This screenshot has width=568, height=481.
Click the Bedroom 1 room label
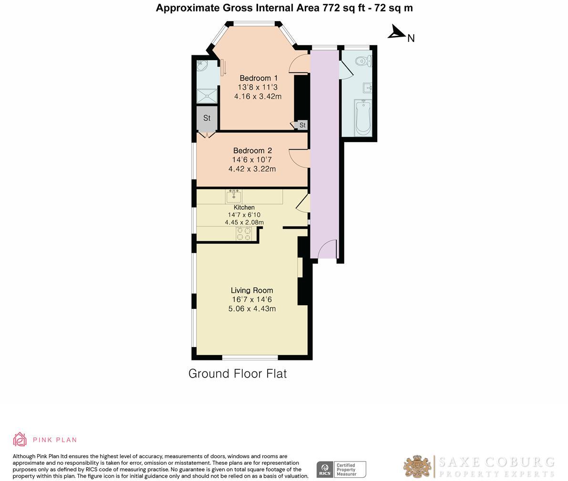coord(258,78)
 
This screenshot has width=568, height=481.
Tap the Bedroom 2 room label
coord(252,151)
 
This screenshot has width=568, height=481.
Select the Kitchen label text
coord(244,207)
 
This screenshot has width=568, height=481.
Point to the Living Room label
coord(252,290)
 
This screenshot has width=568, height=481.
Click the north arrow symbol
coord(397,32)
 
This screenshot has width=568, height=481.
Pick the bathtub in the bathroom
coord(362,117)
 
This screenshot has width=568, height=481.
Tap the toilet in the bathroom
coord(364,61)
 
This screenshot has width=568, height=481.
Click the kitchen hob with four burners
coord(244,234)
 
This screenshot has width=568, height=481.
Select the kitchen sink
coord(234,196)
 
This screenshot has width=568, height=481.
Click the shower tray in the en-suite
coord(207,96)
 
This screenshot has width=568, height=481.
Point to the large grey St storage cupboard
coord(207,118)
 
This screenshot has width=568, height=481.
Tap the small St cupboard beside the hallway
coord(302,125)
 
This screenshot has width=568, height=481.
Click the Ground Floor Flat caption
coord(238,374)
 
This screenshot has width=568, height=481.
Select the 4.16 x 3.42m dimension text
coord(258,96)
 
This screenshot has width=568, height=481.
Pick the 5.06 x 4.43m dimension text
coord(252,309)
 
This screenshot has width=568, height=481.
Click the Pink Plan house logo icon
coord(20,440)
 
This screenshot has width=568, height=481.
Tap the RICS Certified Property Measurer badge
coord(341,470)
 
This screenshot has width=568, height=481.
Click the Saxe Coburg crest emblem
coord(418,467)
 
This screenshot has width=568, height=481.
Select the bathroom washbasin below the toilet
coord(367,88)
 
